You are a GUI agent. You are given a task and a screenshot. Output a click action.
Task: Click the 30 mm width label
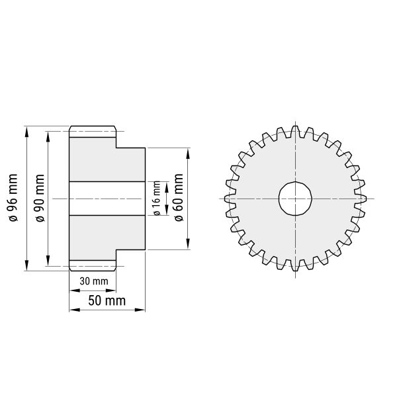[x=93, y=281]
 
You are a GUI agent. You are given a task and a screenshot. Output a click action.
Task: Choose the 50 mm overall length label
[x=107, y=301]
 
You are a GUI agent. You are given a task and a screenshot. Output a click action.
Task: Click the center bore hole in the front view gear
[x=295, y=198]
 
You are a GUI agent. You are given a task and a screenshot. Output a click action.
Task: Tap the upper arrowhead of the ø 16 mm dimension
[x=165, y=183]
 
